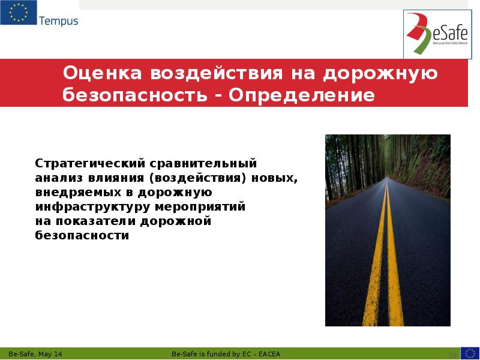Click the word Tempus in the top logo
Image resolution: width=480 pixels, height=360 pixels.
coord(58,21)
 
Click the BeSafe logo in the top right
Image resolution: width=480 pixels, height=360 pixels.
coord(437,34)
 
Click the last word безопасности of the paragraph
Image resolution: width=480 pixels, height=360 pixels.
coord(82,236)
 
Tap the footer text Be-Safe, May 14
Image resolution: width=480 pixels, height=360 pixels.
coord(35,353)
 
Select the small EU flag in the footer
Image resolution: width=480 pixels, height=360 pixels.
coord(470,353)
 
